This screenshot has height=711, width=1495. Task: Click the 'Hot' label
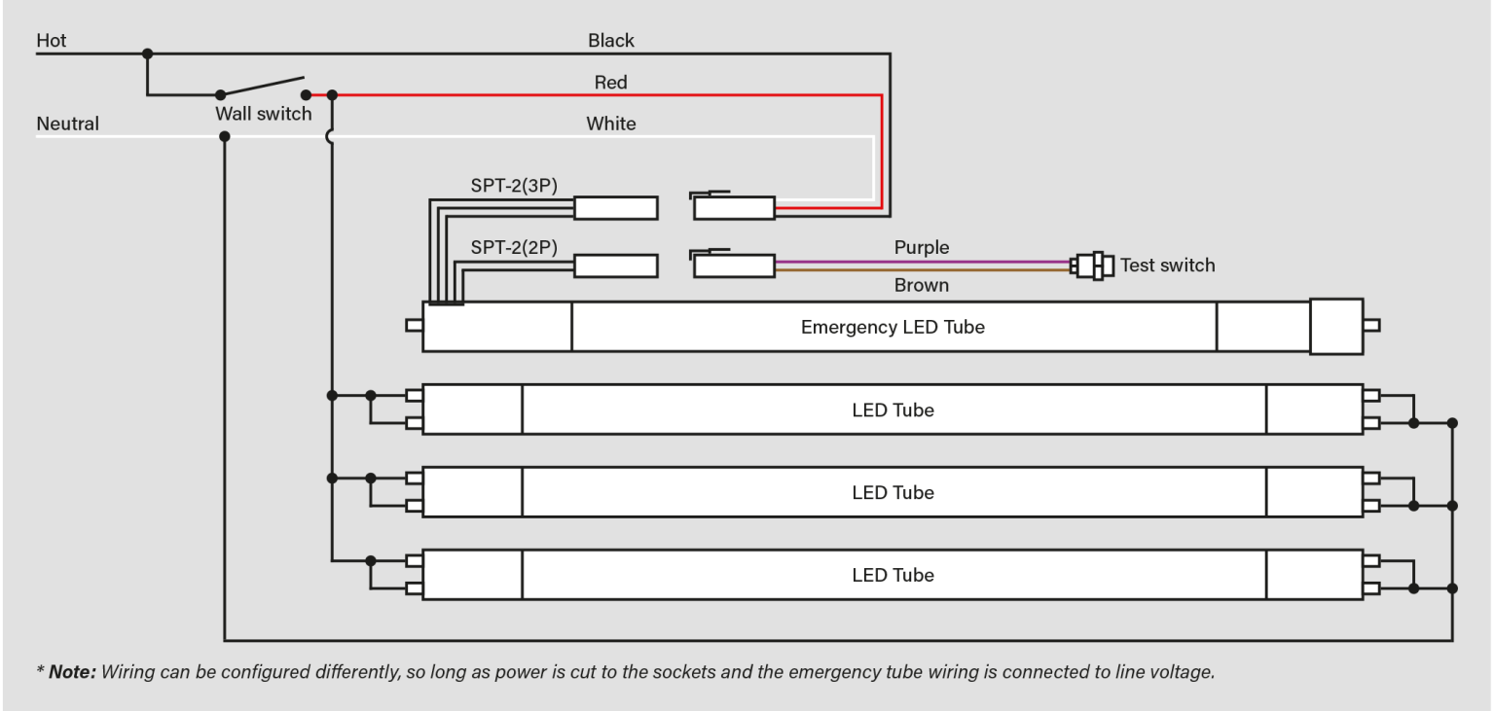pos(52,41)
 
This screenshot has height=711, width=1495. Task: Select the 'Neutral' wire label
pos(67,124)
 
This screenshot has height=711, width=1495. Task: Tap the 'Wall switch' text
pos(263,114)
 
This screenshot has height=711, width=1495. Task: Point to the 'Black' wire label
pos(611,41)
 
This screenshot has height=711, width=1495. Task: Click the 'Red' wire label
pos(611,84)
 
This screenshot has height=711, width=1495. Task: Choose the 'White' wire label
pos(611,124)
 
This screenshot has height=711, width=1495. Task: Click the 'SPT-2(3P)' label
pos(514,187)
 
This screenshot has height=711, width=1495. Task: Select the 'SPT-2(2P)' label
pos(514,248)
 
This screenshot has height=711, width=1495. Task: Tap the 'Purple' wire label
pos(921,248)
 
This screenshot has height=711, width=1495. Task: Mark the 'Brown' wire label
pos(921,286)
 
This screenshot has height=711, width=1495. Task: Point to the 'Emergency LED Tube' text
pos(893,328)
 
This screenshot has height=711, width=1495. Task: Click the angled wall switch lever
pos(263,87)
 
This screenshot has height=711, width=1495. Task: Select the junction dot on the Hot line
pos(147,53)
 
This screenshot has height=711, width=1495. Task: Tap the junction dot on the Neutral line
pos(225,136)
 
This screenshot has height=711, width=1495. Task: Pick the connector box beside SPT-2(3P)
pos(615,208)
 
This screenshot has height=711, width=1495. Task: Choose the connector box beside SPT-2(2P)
pos(615,266)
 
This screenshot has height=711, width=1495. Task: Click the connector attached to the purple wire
pos(734,266)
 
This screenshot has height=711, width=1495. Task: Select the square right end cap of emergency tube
pos(1335,327)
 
